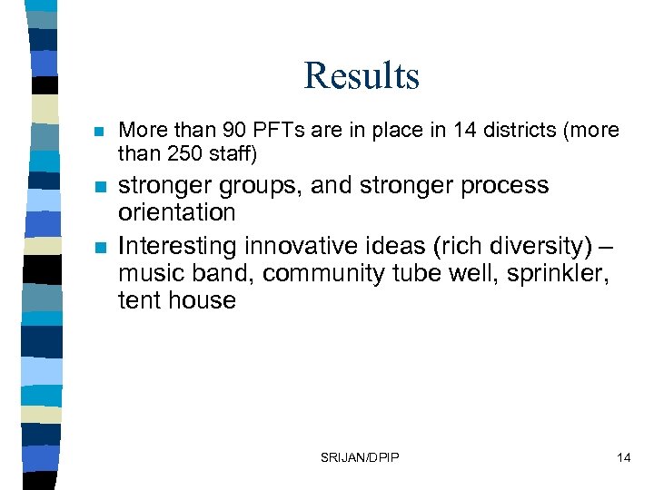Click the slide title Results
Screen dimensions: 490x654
tap(362, 76)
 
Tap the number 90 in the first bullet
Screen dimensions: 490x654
tap(224, 131)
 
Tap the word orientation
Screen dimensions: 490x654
tap(177, 213)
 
